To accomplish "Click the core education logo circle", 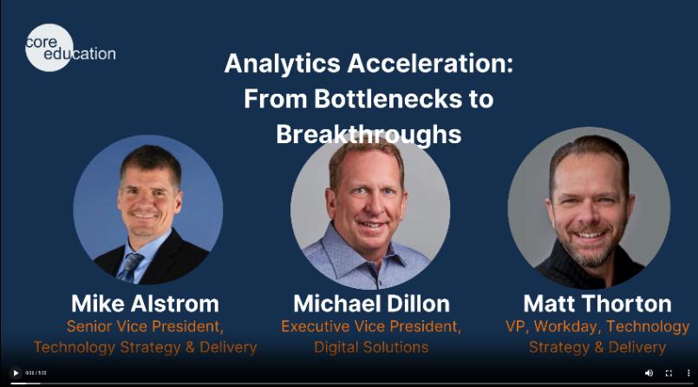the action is coord(49,48).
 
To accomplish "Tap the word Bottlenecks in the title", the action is coord(388,98).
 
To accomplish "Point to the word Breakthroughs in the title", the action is coord(369,134).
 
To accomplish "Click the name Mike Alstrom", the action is coord(145,304).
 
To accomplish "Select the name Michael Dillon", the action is coord(372,304).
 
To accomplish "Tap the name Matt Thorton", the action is coord(597,304).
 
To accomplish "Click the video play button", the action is coord(16,373).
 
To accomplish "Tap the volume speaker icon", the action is coord(649,373).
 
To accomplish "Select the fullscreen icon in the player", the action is coord(669,373).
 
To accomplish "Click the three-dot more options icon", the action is coord(688,373).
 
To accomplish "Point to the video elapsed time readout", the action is coord(36,373).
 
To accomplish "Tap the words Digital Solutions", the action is coord(371,347).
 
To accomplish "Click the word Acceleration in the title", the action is coord(430,63).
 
